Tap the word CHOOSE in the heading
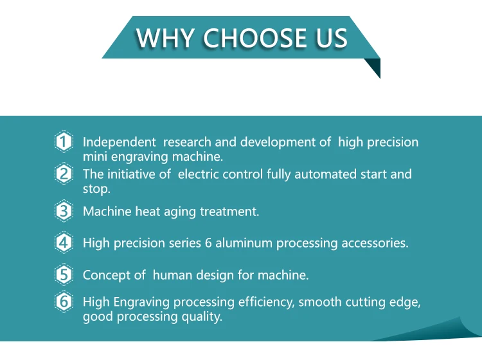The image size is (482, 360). pyautogui.click(x=255, y=38)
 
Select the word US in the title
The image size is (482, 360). pyautogui.click(x=332, y=38)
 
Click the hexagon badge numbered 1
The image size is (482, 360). pyautogui.click(x=64, y=141)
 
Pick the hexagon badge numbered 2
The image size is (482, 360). pyautogui.click(x=64, y=174)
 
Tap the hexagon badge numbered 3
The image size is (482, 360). pyautogui.click(x=64, y=211)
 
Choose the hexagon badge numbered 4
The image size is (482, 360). pyautogui.click(x=64, y=242)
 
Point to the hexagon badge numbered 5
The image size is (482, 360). pyautogui.click(x=64, y=274)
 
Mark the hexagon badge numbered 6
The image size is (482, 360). pyautogui.click(x=64, y=301)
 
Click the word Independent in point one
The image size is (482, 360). pyautogui.click(x=120, y=142)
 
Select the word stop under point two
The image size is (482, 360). pyautogui.click(x=96, y=189)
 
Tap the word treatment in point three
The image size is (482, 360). pyautogui.click(x=229, y=212)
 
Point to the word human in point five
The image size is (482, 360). pyautogui.click(x=172, y=275)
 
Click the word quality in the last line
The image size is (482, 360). pyautogui.click(x=202, y=317)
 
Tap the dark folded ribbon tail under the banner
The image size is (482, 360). pyautogui.click(x=374, y=67)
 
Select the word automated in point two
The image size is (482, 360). pyautogui.click(x=326, y=174)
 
